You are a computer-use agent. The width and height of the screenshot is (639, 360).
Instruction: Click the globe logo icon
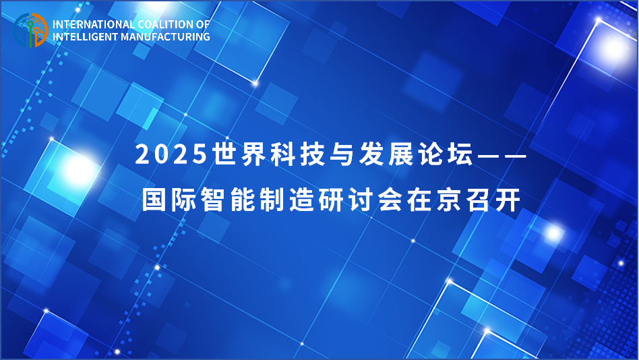click(x=30, y=30)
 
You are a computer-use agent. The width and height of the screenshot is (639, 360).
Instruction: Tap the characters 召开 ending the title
click(x=493, y=200)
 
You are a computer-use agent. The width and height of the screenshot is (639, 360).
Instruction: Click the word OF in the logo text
click(x=204, y=24)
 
